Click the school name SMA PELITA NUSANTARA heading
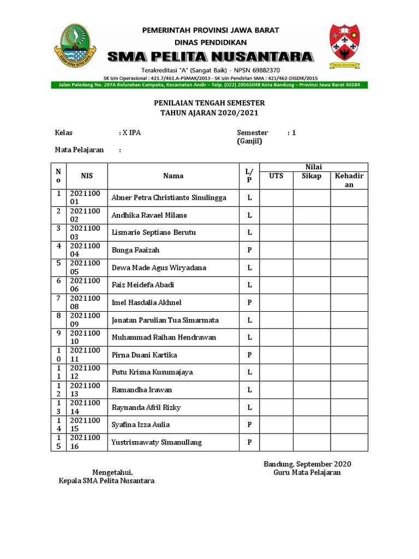211,56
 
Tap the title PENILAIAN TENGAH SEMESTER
209,103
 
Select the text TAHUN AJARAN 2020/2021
209,113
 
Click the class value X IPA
131,133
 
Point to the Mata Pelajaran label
79,150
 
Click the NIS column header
87,176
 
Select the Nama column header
173,176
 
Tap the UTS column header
276,176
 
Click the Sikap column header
312,176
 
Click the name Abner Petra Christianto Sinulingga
169,198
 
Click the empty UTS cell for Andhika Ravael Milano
276,215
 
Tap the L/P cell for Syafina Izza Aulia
249,425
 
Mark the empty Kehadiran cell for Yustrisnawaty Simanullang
349,442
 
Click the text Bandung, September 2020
307,464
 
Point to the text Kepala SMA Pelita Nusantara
106,481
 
